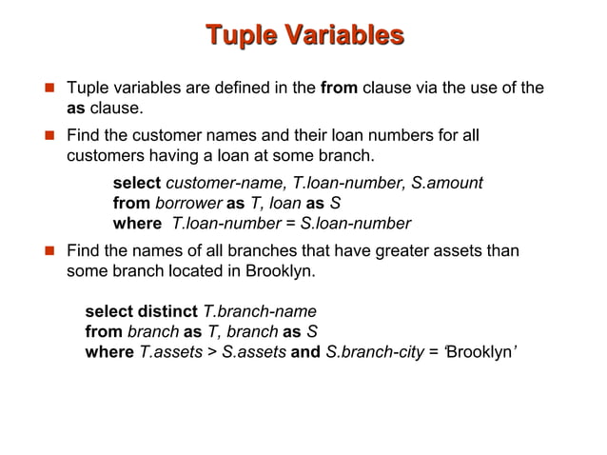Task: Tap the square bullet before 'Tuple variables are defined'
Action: point(44,89)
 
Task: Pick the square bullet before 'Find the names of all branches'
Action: point(44,251)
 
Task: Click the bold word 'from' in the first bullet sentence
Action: point(340,89)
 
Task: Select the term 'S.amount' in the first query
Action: point(448,182)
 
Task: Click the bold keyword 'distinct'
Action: point(166,311)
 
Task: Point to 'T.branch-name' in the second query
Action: point(260,311)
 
